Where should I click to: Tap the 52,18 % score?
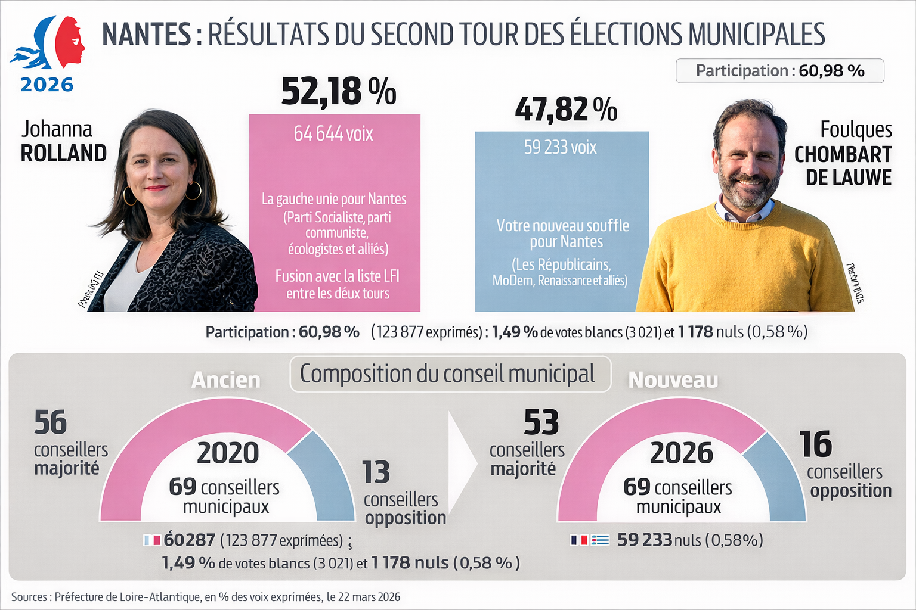338,92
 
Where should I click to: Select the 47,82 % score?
565,110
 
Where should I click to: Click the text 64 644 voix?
333,134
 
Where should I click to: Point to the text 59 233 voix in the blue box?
560,147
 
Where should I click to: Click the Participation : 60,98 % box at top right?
779,71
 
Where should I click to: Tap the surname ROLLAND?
63,154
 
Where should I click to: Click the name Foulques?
856,130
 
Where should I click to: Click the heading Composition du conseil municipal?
447,374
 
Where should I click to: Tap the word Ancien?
225,380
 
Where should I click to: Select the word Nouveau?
673,380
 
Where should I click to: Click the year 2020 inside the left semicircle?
228,453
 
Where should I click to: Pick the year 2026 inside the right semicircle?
681,453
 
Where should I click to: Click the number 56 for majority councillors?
51,423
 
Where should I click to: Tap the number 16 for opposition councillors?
815,444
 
